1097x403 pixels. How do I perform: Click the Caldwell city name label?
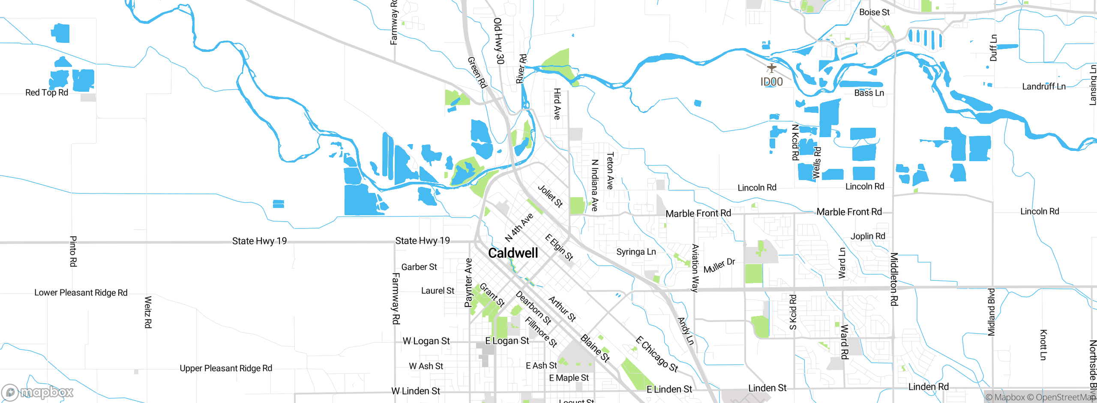point(513,253)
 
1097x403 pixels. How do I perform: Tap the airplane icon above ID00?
point(771,68)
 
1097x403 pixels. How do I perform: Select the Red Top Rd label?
point(47,93)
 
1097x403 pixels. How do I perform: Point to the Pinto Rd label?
point(73,251)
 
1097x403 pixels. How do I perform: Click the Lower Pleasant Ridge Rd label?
point(81,293)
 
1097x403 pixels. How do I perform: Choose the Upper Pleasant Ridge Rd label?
point(226,368)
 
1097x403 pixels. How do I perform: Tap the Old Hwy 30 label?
point(498,41)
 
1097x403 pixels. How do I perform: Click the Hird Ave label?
point(557,104)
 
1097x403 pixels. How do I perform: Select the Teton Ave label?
point(610,171)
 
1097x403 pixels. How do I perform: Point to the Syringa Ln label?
point(636,252)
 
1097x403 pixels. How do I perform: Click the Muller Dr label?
point(719,266)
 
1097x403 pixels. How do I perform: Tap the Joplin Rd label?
point(868,236)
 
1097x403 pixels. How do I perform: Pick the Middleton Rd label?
point(894,279)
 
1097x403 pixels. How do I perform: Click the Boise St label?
point(874,12)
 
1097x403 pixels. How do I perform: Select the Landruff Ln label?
point(1044,87)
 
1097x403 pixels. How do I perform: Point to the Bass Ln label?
point(869,93)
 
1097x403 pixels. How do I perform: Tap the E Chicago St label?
point(657,354)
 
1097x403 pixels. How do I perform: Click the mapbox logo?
point(37,392)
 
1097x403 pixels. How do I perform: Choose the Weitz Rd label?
point(148,312)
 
